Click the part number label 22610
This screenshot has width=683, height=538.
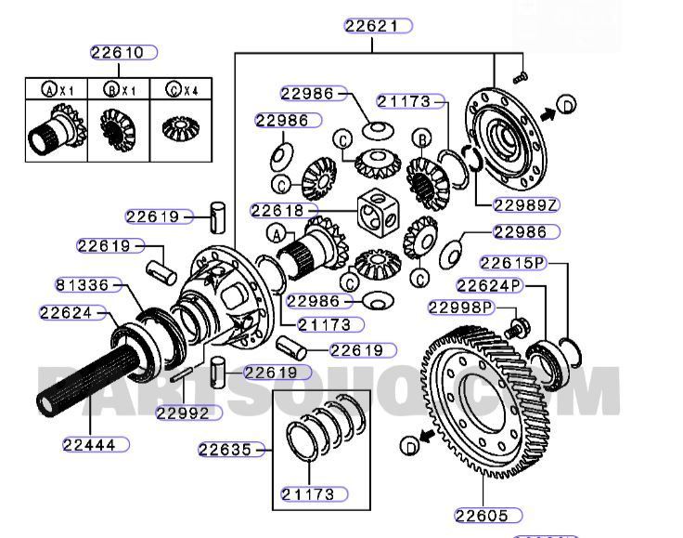click(122, 53)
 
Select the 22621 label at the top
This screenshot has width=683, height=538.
click(376, 26)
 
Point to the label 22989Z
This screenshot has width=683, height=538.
click(526, 205)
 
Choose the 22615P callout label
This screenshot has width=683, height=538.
click(513, 263)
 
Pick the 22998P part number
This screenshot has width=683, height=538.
click(459, 308)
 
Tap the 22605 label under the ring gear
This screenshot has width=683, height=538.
click(487, 515)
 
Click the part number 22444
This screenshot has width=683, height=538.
click(96, 444)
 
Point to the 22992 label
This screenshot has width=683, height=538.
click(188, 413)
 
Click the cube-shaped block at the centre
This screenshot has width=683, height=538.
click(379, 215)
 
